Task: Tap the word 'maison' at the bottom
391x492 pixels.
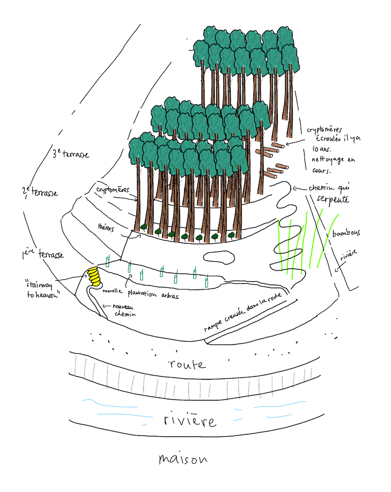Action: click(x=183, y=459)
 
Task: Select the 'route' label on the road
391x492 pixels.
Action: click(x=188, y=365)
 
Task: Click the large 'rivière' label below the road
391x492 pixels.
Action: click(x=189, y=420)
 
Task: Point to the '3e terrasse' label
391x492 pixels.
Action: click(x=71, y=155)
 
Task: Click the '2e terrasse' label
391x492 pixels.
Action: click(x=40, y=192)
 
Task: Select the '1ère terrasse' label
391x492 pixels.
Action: click(x=43, y=255)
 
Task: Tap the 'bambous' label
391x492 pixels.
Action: click(x=346, y=234)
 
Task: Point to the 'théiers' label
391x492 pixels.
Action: click(x=106, y=228)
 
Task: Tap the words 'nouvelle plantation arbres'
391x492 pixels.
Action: click(x=143, y=293)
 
